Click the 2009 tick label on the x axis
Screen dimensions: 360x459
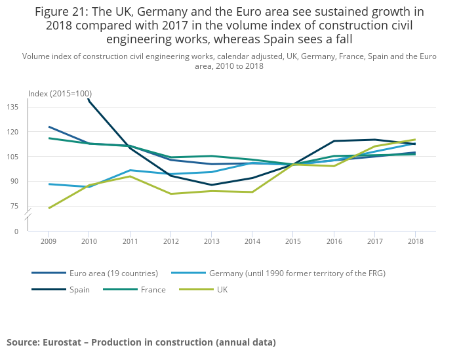point(48,241)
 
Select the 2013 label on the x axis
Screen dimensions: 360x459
point(211,241)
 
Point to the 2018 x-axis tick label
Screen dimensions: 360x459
point(415,241)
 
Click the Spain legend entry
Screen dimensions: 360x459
point(80,290)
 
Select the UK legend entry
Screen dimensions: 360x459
point(222,290)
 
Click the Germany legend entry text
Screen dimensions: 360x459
point(296,273)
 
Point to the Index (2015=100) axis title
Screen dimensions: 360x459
point(60,94)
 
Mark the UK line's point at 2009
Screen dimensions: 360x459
point(49,208)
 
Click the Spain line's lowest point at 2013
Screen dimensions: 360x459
point(211,185)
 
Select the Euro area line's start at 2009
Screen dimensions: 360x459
point(49,127)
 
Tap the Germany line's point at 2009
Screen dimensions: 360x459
point(49,184)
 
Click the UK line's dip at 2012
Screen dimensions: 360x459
point(170,193)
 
